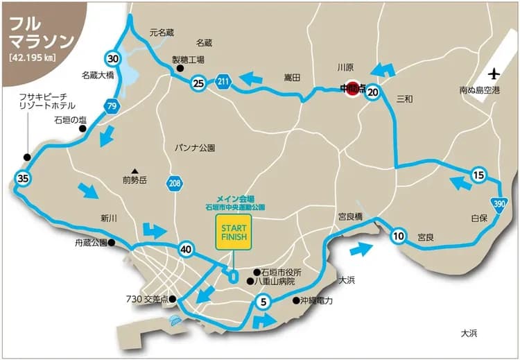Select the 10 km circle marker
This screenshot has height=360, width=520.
tap(398, 235)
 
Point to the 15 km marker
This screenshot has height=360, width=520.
tap(478, 175)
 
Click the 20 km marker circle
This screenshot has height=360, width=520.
tap(373, 92)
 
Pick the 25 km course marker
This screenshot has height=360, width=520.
tap(198, 84)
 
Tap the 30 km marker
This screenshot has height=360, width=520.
tap(113, 58)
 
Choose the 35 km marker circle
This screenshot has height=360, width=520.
tap(24, 178)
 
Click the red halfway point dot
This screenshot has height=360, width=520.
tap(352, 89)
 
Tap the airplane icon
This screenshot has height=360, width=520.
tap(494, 74)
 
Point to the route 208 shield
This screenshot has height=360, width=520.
tap(175, 184)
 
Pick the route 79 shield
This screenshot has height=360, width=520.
tap(111, 105)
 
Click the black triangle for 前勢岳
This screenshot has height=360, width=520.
tap(136, 171)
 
